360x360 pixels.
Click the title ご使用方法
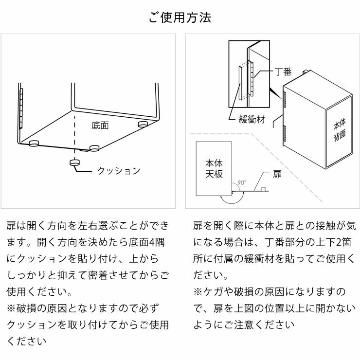pos(180,18)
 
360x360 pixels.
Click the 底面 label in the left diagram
pos(100,126)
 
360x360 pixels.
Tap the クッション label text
pos(119,171)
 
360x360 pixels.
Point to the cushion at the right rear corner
pos(143,125)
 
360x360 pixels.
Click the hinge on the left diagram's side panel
pos(21,108)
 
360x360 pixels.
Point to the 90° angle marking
pos(242,183)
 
